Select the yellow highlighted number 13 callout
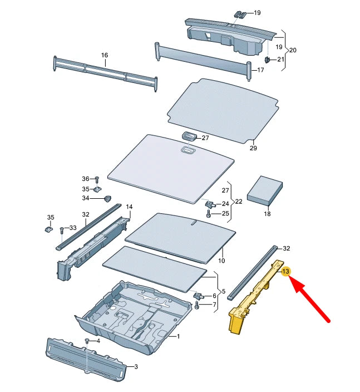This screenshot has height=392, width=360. coord(286,271)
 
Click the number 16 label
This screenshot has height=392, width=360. coord(104,55)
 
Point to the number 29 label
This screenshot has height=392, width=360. coord(253,148)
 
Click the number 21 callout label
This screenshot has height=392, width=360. coord(280,60)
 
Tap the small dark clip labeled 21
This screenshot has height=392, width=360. coord(267,60)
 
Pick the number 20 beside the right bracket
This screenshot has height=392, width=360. coord(293,50)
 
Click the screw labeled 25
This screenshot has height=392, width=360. coord(209,213)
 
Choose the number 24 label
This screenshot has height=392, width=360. coord(225,204)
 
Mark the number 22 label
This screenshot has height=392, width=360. coord(240,201)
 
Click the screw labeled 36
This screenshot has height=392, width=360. coord(97,179)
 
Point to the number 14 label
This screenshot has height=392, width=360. coord(129,207)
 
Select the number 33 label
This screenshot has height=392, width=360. coord(72,228)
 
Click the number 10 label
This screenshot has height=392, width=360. coord(221,261)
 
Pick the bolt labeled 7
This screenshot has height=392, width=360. coord(198,305)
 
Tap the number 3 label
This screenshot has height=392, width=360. coord(136,367)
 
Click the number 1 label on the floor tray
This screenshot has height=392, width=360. coord(178,336)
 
